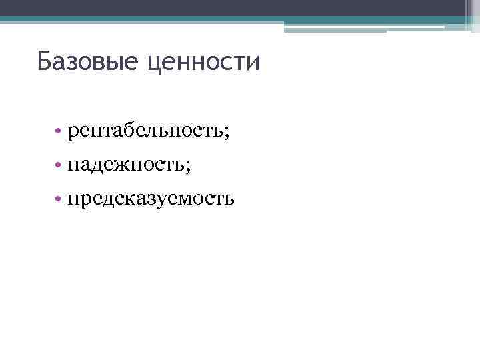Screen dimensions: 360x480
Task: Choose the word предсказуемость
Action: click(x=150, y=198)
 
